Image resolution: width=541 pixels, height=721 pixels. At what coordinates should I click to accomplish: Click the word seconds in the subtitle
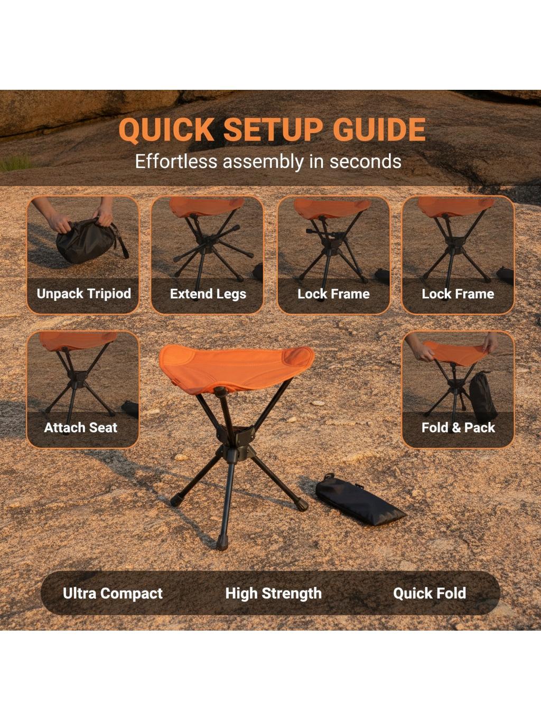[x=365, y=162]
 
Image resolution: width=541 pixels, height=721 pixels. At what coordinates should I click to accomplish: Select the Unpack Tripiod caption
[x=84, y=294]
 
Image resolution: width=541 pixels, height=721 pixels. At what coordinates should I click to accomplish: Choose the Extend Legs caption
[x=208, y=294]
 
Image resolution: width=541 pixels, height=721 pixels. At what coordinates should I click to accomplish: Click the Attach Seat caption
[x=80, y=427]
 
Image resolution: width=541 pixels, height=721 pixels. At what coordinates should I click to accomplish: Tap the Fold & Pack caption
[x=458, y=427]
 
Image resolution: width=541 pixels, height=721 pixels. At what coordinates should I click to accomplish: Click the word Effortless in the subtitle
[x=176, y=162]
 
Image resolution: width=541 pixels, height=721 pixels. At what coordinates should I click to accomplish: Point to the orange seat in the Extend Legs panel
[x=207, y=207]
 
